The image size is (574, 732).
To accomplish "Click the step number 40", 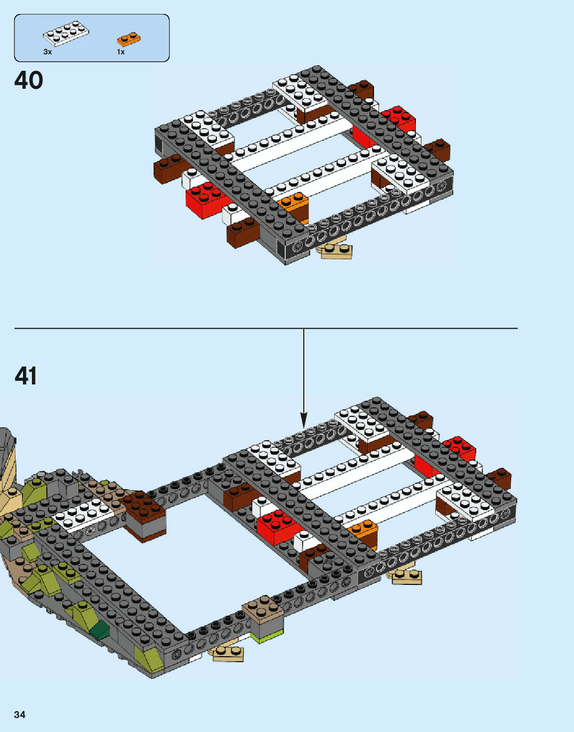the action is click(x=29, y=80).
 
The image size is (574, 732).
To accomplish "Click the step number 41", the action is click(x=26, y=376).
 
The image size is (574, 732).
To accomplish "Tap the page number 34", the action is click(x=19, y=715).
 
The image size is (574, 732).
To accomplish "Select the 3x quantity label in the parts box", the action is click(x=47, y=52).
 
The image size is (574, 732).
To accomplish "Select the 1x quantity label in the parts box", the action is click(x=121, y=52).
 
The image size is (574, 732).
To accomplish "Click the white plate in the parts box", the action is click(x=66, y=34).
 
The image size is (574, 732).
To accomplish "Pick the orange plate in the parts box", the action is click(x=129, y=38).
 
